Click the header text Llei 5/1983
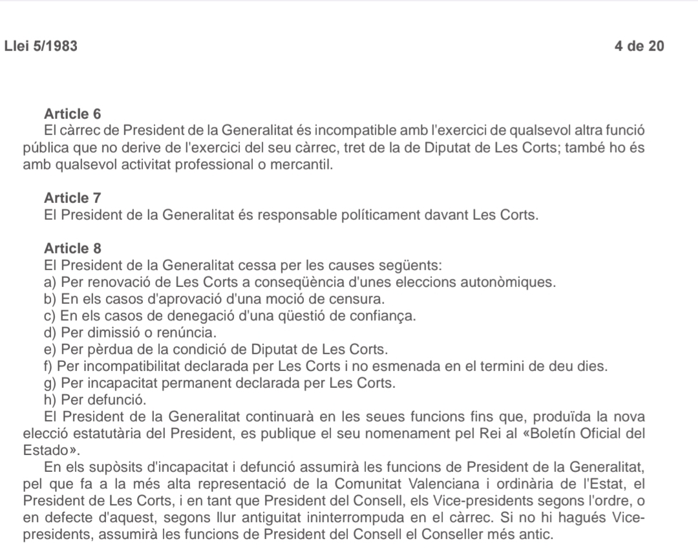tap(41, 46)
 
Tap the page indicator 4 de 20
tap(640, 46)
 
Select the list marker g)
tap(49, 383)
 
